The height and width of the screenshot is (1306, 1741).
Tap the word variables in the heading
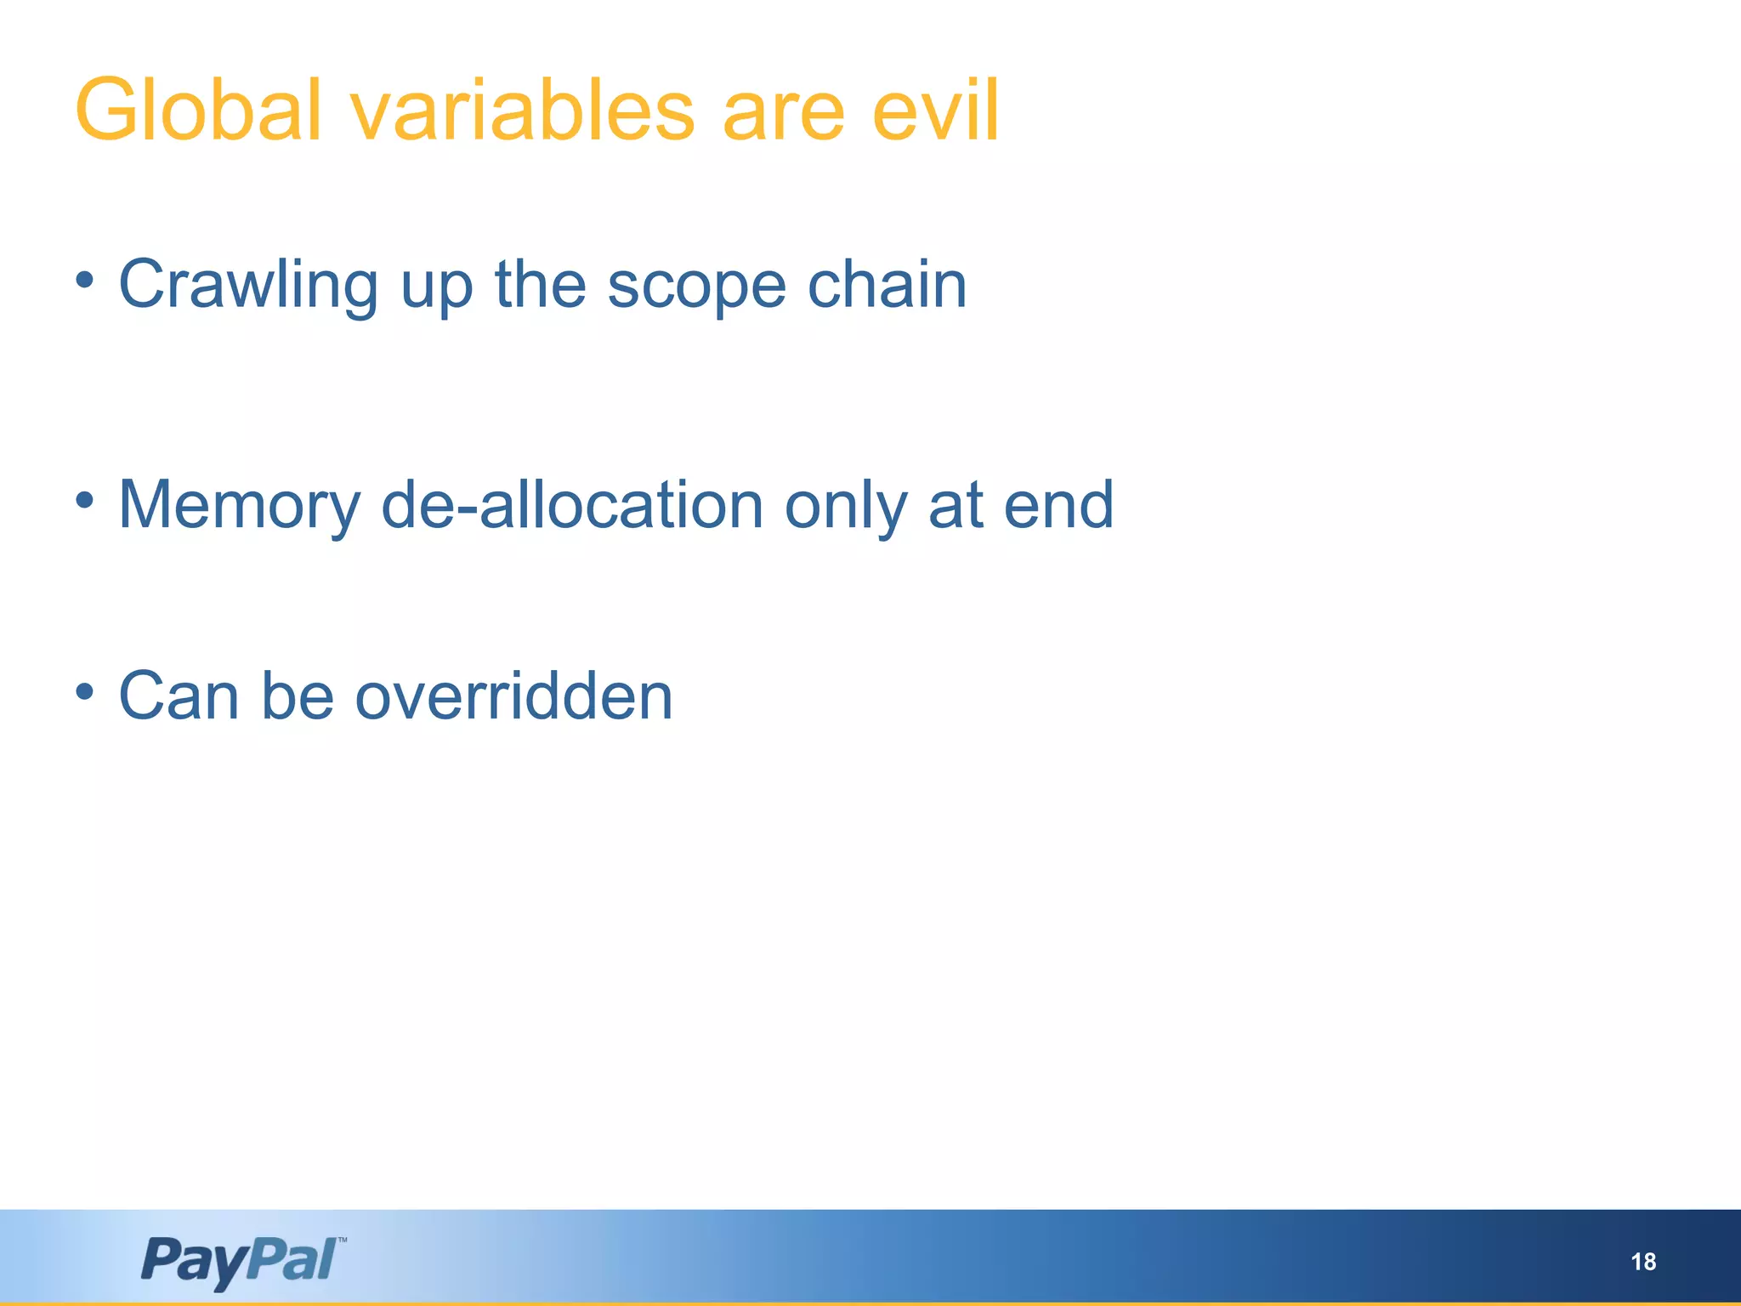click(522, 111)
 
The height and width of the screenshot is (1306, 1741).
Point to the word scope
click(696, 286)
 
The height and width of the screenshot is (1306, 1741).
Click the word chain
click(887, 286)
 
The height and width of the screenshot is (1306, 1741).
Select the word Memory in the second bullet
click(239, 507)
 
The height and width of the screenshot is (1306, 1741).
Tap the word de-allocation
click(572, 505)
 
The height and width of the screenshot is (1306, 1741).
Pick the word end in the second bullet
click(1058, 505)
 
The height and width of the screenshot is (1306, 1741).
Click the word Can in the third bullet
click(179, 696)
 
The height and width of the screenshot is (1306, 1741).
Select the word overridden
click(513, 696)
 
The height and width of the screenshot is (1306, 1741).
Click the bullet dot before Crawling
click(84, 280)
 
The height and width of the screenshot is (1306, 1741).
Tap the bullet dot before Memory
click(84, 501)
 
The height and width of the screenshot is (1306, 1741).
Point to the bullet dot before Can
click(84, 691)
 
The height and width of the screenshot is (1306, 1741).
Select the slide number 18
click(1643, 1262)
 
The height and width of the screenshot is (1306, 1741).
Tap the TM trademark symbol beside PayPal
click(342, 1241)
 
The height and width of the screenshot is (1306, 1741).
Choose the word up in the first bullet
click(436, 289)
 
